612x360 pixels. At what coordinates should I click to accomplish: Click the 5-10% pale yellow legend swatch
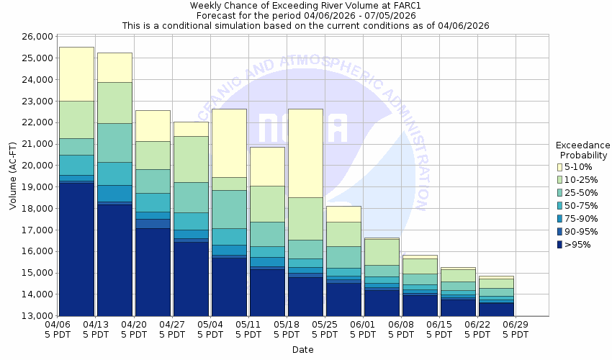point(559,167)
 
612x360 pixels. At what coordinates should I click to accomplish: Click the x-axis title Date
point(302,350)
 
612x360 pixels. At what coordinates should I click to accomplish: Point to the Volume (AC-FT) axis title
point(12,176)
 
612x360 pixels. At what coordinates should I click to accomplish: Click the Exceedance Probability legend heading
point(582,150)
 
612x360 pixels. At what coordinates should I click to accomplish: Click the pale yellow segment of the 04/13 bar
point(114,67)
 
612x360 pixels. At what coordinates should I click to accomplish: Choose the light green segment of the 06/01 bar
point(382,252)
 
